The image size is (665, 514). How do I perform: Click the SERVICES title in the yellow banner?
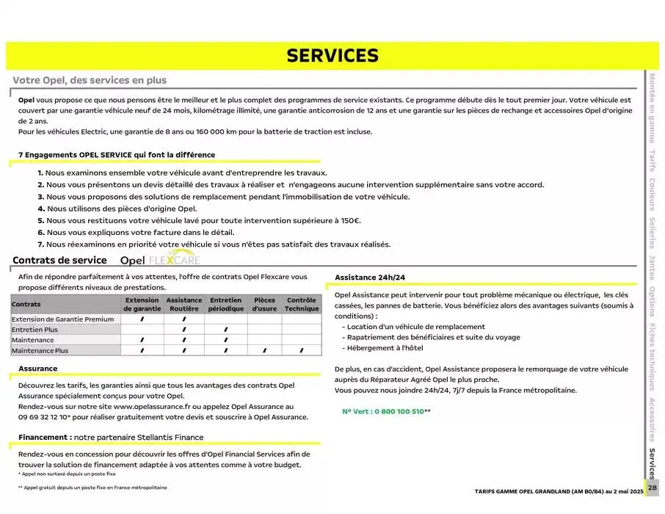332,56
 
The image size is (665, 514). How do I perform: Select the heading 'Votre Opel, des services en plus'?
90,81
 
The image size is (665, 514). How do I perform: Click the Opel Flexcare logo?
159,260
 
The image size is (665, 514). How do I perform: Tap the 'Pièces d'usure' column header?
264,305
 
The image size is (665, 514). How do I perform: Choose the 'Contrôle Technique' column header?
302,305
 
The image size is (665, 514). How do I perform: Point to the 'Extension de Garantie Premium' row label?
63,319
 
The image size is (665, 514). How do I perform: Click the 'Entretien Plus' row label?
34,330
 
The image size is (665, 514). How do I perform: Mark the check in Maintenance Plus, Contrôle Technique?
302,351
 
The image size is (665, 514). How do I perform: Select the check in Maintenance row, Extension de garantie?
142,341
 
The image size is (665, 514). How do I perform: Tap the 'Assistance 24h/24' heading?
370,278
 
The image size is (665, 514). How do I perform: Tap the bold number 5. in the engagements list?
41,220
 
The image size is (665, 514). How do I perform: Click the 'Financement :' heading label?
45,437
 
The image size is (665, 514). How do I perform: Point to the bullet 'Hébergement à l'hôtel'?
386,348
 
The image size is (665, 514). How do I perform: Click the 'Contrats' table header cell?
26,305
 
